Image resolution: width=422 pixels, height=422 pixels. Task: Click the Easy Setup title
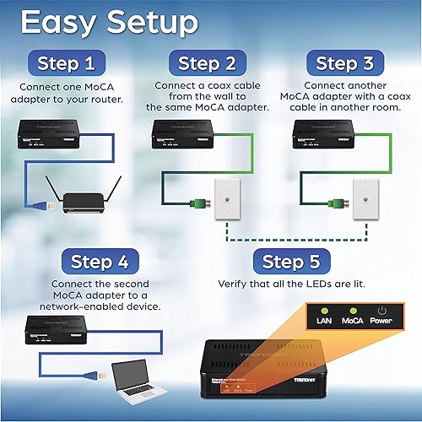pos(109,23)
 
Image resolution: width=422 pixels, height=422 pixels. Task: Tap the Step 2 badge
pos(210,63)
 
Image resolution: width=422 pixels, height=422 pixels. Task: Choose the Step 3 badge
pos(349,63)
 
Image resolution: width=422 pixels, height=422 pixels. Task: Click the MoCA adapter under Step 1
pos(58,135)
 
